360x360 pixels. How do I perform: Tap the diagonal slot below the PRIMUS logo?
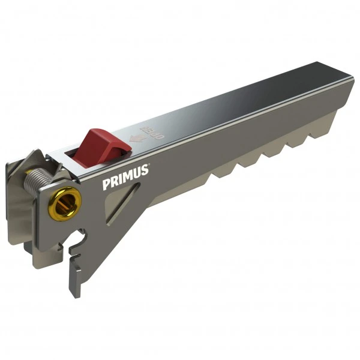(x=122, y=205)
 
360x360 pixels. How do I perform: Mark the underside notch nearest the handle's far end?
(x=316, y=136)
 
